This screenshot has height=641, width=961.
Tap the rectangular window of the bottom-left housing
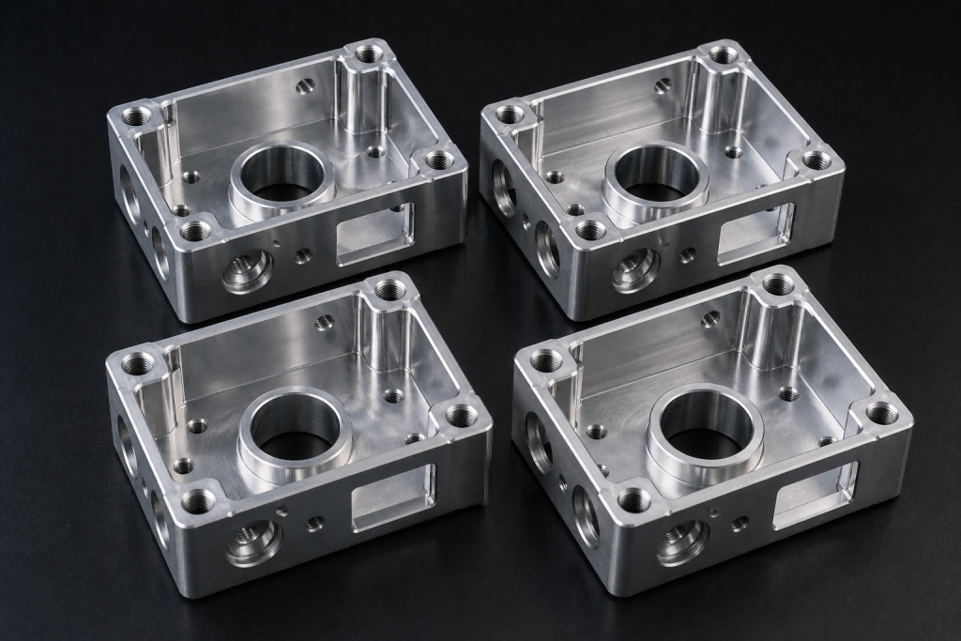(393, 494)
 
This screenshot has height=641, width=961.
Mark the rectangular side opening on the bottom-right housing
(814, 494)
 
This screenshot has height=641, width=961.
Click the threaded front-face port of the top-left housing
(248, 271)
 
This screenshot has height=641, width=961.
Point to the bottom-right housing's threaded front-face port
(682, 542)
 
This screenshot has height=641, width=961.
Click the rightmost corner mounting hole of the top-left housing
(439, 160)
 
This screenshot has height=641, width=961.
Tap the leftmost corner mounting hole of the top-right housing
(510, 114)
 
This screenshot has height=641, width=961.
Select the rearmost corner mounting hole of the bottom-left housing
(391, 290)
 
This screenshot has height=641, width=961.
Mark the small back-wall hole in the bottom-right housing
(710, 319)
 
